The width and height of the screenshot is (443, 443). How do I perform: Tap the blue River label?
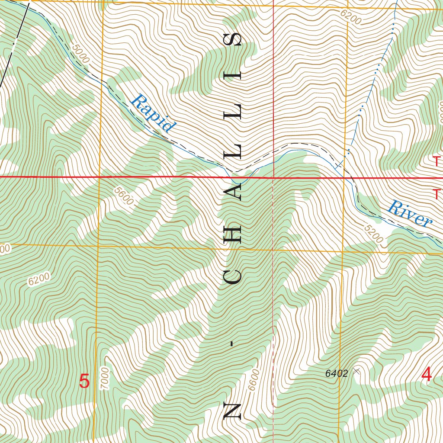coord(409,214)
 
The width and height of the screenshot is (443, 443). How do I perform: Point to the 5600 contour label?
coord(124,196)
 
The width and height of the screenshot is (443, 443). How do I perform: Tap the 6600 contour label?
coord(254,379)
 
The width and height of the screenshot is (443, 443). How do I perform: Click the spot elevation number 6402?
coord(337,374)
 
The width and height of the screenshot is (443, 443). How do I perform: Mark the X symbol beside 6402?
coord(356,371)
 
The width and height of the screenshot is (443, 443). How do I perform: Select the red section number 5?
coord(84,382)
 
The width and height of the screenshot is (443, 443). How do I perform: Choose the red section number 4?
coord(427,375)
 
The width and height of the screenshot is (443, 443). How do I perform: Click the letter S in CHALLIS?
coord(233,40)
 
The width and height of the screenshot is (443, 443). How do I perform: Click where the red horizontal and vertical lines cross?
coord(273,177)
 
